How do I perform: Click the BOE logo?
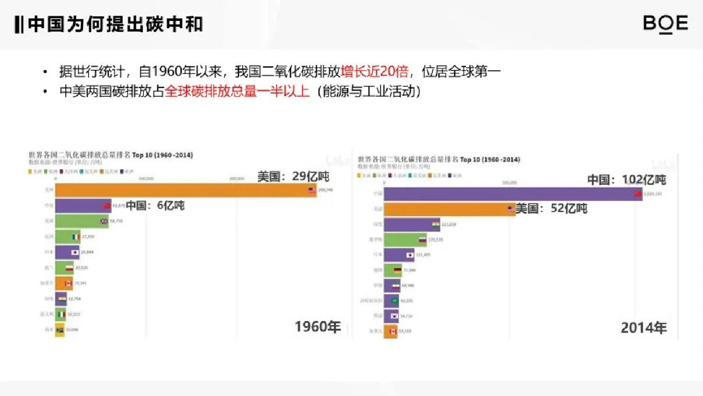(666, 24)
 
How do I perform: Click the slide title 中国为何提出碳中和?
(115, 24)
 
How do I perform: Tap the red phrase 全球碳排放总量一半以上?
(237, 92)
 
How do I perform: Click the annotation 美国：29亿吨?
(293, 177)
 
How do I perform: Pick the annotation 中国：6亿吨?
(155, 205)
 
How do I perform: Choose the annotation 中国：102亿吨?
(626, 180)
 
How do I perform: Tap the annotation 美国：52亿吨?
(551, 208)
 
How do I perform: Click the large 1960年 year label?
(318, 327)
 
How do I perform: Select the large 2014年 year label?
(644, 328)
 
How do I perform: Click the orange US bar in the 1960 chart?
(182, 190)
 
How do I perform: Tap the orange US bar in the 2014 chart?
(448, 209)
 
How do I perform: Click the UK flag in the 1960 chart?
(104, 221)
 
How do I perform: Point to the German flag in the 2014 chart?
(397, 270)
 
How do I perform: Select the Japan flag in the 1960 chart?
(75, 252)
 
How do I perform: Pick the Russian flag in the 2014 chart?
(422, 240)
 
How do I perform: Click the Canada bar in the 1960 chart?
(61, 283)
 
